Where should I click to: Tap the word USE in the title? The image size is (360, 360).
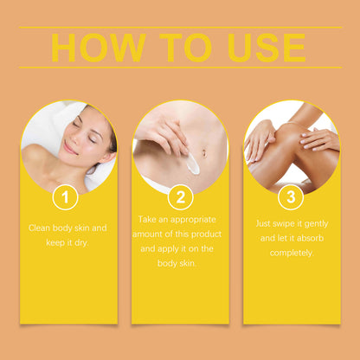[x=267, y=48]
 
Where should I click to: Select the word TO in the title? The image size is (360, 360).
[x=186, y=48]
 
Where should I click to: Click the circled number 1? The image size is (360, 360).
[x=66, y=197]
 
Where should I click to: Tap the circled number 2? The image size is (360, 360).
[x=181, y=197]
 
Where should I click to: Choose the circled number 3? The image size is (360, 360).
[x=291, y=197]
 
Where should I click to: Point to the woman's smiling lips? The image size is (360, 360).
[x=69, y=148]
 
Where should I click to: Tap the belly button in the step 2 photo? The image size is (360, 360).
[x=204, y=152]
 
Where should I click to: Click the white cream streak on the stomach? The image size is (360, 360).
[x=193, y=164]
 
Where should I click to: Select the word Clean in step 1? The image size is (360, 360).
[x=39, y=228]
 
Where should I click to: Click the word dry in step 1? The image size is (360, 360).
[x=81, y=243]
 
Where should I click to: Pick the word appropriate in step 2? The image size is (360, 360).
[x=193, y=220]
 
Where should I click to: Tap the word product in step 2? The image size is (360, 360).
[x=207, y=234]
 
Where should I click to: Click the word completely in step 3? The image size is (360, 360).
[x=292, y=253]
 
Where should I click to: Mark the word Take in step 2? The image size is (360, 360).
[x=147, y=220]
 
